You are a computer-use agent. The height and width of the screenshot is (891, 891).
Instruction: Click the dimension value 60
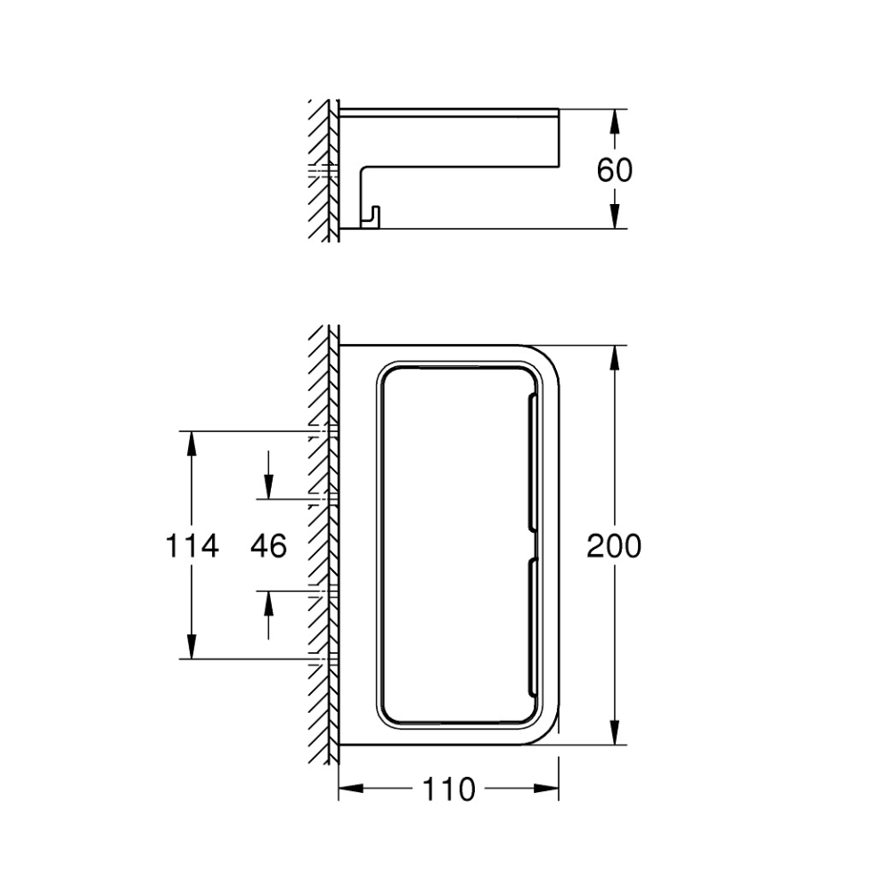(614, 169)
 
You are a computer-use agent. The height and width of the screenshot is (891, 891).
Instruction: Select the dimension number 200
(614, 545)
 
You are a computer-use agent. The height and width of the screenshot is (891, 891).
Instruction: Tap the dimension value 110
(448, 789)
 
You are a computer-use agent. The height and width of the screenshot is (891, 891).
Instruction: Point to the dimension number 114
(192, 545)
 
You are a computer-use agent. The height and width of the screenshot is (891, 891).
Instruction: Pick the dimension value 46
(269, 545)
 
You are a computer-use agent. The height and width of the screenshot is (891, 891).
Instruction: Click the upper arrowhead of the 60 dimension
(614, 121)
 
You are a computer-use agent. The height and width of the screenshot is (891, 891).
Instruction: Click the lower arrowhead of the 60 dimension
(614, 217)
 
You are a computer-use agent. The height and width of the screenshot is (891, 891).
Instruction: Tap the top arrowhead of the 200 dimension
(614, 357)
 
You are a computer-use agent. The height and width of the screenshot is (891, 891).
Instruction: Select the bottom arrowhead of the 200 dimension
(614, 732)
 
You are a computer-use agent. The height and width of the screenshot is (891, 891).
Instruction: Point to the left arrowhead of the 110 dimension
(351, 789)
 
